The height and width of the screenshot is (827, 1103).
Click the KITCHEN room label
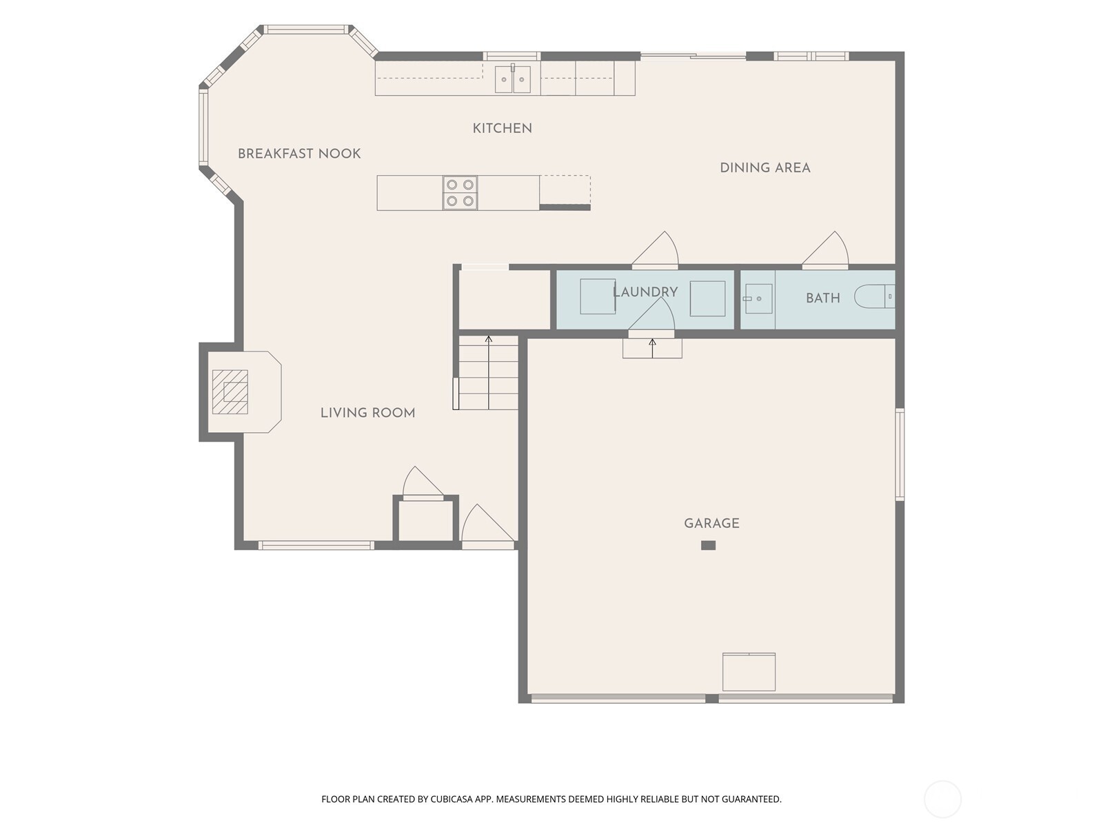[502, 129]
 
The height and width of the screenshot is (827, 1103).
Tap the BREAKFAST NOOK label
[299, 154]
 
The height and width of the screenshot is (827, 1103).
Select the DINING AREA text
[765, 167]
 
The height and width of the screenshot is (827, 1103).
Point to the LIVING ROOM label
[368, 413]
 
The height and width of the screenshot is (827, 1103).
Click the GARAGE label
[711, 523]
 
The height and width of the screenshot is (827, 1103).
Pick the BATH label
[822, 298]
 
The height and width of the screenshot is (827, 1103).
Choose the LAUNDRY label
[645, 292]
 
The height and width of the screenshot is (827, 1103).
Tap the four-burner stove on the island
[460, 192]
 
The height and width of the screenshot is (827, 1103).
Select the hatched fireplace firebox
[230, 391]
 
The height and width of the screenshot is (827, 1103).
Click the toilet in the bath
[874, 297]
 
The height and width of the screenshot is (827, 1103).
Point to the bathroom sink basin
[758, 298]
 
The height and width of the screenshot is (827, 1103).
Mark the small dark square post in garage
[708, 545]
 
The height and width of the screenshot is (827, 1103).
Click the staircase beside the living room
[488, 373]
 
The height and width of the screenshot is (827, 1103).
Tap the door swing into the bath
[825, 249]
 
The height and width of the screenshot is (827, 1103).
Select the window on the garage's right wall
[900, 454]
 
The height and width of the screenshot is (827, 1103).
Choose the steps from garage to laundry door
[652, 348]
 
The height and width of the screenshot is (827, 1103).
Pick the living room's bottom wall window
[316, 545]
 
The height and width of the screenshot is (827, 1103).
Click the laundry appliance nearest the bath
[707, 298]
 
